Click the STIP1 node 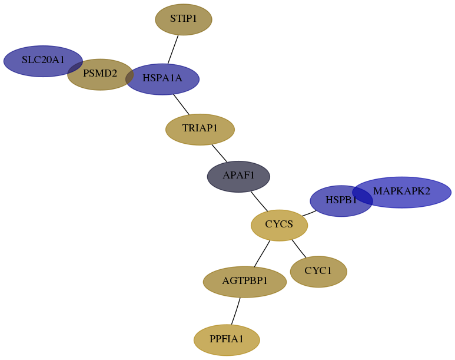184,19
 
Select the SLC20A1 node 43,61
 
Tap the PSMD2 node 100,74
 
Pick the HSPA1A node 162,79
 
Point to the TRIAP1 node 200,129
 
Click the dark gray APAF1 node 238,176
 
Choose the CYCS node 279,225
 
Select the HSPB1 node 341,201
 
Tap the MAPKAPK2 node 402,192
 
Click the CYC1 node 318,272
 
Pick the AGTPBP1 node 245,282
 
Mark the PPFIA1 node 227,340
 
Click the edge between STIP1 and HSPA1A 173,49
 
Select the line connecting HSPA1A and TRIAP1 181,104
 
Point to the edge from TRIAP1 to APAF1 220,153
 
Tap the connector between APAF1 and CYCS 260,202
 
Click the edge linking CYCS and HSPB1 310,213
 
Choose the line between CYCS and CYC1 299,249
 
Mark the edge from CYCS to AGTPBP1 262,254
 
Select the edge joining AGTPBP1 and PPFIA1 236,311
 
